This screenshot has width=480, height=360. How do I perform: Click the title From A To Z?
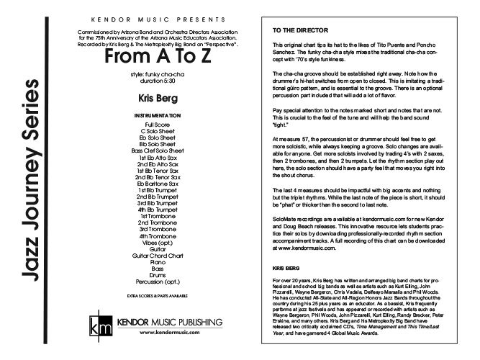(154, 55)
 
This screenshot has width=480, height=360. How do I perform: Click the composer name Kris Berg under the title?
(154, 95)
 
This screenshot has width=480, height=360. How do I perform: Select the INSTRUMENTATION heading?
(154, 115)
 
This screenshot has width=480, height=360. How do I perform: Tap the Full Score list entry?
(154, 125)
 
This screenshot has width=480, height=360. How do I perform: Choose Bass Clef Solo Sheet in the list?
(154, 151)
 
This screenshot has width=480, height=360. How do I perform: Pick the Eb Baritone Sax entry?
(154, 183)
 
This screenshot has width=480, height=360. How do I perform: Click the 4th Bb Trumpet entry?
(154, 210)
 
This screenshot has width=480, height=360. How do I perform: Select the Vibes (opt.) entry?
(154, 243)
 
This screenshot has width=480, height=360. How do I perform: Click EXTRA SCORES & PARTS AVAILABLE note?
(154, 296)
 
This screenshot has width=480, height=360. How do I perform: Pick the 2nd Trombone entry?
(154, 222)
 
